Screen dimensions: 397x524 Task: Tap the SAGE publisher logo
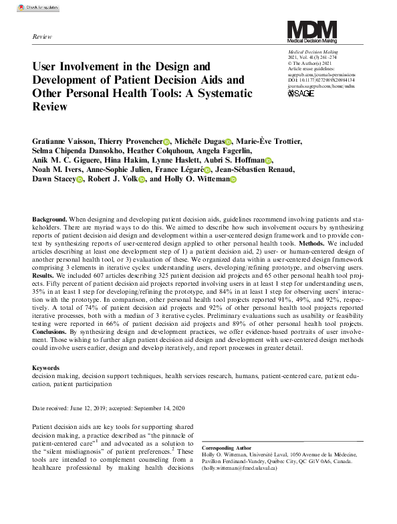[x=301, y=93]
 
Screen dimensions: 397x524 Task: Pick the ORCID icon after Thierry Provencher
[x=166, y=142]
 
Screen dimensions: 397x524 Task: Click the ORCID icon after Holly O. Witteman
[x=233, y=179]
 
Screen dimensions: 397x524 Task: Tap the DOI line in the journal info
[x=323, y=80]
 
